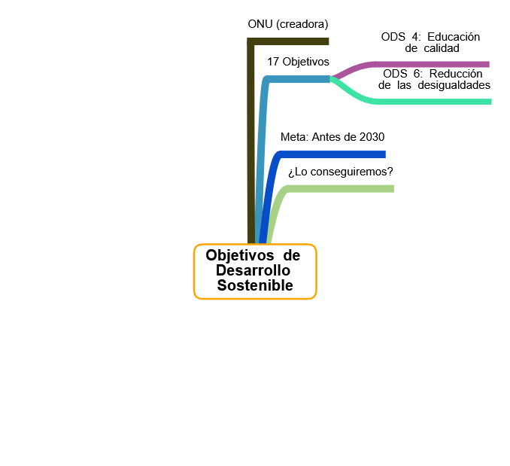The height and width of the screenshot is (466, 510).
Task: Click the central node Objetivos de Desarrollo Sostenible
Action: (255, 271)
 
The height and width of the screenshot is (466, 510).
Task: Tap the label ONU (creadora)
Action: (288, 24)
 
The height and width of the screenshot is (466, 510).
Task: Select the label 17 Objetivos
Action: (298, 62)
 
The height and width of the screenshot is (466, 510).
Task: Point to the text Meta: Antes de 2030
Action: (332, 137)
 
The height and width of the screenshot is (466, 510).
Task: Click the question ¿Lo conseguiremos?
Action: (341, 172)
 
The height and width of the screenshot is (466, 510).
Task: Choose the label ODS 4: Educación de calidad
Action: (430, 42)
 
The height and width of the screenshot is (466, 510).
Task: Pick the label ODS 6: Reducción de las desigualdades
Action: (434, 79)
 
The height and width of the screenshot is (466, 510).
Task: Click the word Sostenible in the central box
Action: (255, 285)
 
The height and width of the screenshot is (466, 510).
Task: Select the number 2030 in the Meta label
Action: (372, 137)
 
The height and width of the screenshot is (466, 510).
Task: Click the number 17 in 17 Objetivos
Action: (273, 62)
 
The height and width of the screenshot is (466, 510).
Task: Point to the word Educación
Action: (452, 37)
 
